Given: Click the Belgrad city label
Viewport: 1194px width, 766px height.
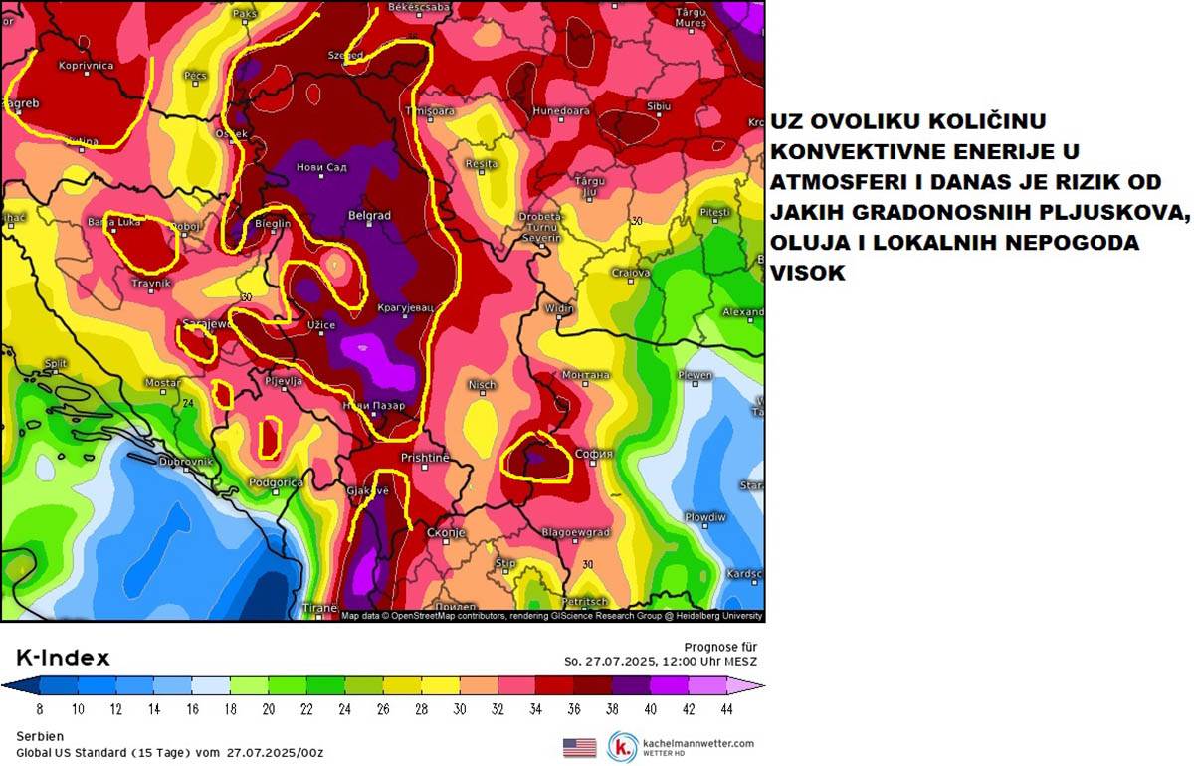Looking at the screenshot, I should click(369, 215).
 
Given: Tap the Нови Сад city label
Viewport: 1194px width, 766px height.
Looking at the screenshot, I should click(322, 167).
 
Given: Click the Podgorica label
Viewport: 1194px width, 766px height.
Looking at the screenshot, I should click(275, 482).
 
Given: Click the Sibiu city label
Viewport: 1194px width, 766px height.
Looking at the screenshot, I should click(658, 105).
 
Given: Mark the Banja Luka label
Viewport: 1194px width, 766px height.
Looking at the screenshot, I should click(109, 222).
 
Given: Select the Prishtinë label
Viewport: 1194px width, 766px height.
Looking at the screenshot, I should click(425, 457).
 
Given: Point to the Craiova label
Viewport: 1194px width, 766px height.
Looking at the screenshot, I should click(631, 272).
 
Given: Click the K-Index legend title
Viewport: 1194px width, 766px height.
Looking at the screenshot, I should click(63, 658).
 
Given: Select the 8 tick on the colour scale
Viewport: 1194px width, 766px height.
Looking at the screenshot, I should click(39, 709).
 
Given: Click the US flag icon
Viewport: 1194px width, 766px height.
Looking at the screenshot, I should click(579, 747).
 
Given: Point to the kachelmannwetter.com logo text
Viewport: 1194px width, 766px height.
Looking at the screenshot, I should click(698, 743).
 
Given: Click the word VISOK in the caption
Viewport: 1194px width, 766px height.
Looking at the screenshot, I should click(808, 273).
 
